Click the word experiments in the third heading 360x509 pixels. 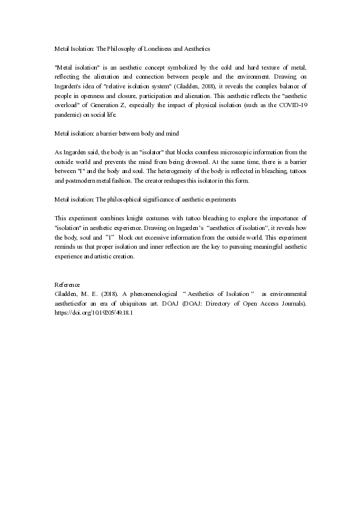(219, 199)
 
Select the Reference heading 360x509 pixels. (67, 284)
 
